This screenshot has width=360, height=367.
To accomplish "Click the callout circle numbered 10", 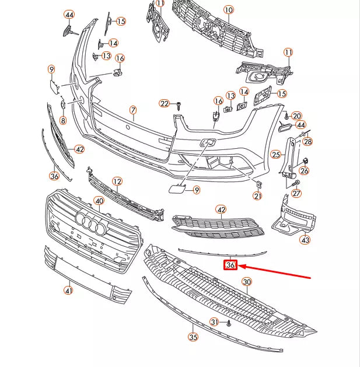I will [228, 10].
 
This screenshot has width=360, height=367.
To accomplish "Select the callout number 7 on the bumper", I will [132, 110].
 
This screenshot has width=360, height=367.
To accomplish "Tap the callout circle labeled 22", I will [165, 104].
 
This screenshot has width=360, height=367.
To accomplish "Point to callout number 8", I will [62, 121].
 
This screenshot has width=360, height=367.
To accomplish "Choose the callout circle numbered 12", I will [117, 181].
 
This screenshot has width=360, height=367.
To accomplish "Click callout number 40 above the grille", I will [99, 201].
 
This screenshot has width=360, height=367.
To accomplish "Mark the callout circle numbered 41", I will [68, 291].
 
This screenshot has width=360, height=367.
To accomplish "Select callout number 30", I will [247, 282].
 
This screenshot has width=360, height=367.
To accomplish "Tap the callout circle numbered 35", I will [193, 337].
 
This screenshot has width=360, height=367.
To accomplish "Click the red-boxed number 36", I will [230, 265].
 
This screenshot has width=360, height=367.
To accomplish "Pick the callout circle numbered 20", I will [297, 116].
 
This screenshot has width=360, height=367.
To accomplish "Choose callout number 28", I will [307, 142].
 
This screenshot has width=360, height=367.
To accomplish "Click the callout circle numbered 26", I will [304, 171].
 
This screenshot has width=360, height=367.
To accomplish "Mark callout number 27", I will [296, 194].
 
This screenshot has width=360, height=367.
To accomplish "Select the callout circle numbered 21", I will [258, 196].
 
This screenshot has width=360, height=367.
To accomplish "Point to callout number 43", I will [305, 239].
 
